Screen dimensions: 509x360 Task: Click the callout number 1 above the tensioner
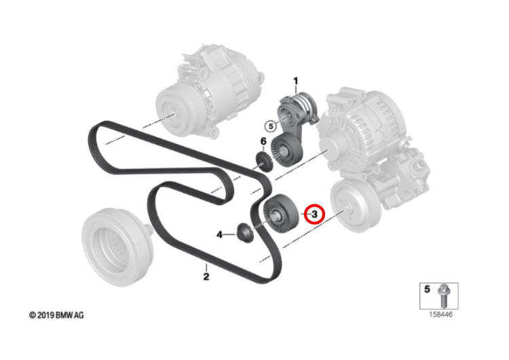(x=295, y=81)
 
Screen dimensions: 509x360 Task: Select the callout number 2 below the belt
(x=206, y=277)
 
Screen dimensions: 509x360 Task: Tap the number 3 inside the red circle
(x=314, y=214)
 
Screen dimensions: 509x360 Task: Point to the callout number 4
(x=220, y=234)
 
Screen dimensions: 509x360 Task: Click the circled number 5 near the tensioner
(x=271, y=126)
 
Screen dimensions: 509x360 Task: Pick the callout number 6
(x=263, y=141)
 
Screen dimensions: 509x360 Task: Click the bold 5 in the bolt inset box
(x=427, y=289)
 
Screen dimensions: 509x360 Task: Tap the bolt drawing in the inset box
(x=443, y=295)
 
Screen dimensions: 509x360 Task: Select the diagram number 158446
(x=441, y=314)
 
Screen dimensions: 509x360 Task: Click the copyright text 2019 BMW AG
(x=56, y=315)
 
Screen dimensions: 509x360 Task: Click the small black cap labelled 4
(x=245, y=232)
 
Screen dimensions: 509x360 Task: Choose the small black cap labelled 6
(x=263, y=161)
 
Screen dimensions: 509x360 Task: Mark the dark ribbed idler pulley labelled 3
(x=280, y=214)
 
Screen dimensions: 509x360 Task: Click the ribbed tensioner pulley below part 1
(x=286, y=150)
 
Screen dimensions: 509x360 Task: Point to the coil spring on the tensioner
(x=305, y=103)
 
